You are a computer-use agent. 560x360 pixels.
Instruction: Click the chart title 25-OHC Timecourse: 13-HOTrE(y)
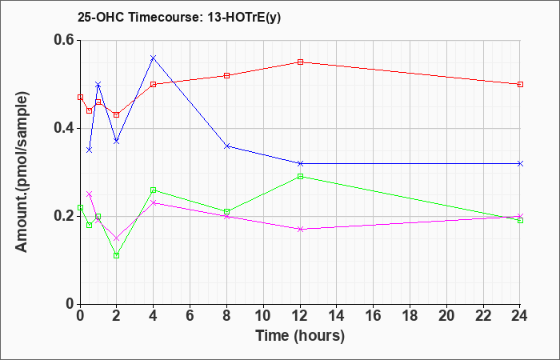coord(179,18)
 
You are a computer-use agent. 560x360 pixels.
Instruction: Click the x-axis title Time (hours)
coord(300,336)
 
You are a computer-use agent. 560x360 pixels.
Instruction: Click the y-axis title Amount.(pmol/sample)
coord(22,172)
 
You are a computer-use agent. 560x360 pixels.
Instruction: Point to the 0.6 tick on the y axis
coord(66,40)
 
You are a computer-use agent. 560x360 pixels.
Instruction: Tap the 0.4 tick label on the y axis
coord(66,128)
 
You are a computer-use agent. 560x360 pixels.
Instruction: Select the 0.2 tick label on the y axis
coord(66,216)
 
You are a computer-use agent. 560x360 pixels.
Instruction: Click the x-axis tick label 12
coord(300,316)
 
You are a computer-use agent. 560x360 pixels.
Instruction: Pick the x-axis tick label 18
coord(410,316)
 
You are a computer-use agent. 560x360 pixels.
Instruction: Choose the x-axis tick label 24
coord(520,316)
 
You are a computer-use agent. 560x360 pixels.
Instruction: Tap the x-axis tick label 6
coord(190,316)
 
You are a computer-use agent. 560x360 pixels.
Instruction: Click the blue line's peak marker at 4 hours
coord(154,58)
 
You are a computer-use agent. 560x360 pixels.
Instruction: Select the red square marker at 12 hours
coord(300,62)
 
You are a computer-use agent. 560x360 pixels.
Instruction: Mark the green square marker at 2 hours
coord(117,256)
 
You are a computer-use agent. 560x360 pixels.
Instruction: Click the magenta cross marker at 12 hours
coord(300,230)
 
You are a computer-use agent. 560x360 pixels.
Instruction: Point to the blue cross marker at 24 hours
coord(520,163)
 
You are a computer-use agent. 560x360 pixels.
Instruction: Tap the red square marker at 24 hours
coord(520,84)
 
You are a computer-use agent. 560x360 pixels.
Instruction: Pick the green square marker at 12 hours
coord(300,177)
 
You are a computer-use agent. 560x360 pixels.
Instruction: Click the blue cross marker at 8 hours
coord(226,146)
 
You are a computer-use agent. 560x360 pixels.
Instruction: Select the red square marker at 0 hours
coord(80,97)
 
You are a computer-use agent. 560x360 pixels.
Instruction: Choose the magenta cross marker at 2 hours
coord(117,238)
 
